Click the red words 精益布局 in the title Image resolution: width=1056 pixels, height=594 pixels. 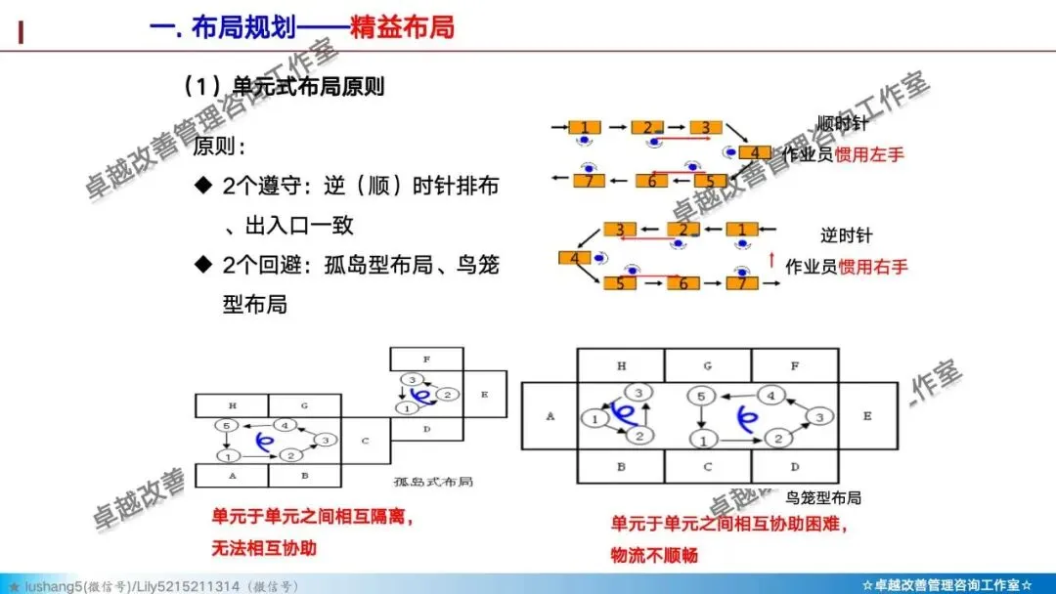(x=402, y=26)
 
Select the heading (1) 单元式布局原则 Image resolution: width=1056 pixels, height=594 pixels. (x=283, y=86)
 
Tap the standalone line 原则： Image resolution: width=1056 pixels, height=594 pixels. (x=219, y=148)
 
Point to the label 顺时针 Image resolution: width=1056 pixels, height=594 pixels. (x=844, y=123)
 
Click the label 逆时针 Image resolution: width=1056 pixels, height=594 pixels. (x=846, y=235)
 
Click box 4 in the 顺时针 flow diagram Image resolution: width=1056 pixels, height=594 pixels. (x=754, y=153)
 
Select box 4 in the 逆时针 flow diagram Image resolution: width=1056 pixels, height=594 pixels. (x=574, y=258)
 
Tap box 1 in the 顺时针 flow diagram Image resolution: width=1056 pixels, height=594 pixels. (x=585, y=127)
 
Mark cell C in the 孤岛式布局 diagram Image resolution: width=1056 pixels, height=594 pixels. (x=365, y=441)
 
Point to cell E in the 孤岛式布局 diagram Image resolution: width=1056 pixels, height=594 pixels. (x=484, y=394)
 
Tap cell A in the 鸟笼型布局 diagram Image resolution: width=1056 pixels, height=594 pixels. (x=550, y=416)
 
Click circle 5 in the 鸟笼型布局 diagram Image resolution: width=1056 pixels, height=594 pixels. (x=700, y=396)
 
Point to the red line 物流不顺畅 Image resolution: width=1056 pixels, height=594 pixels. (x=654, y=555)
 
